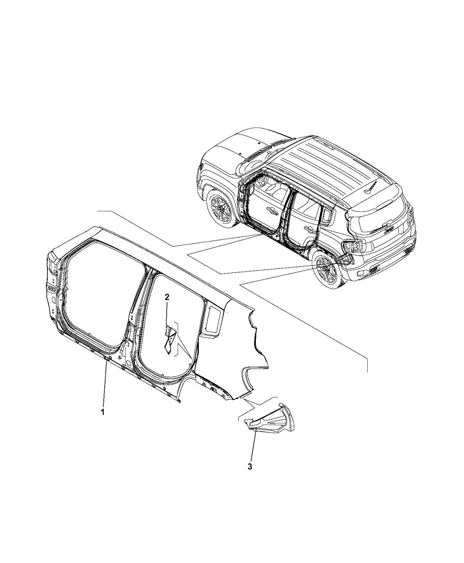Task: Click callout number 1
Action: point(103,419)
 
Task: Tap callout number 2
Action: point(167,297)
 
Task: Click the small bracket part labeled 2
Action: point(170,339)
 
